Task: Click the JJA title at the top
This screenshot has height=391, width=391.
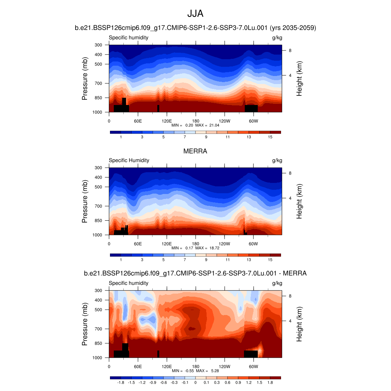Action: (x=195, y=14)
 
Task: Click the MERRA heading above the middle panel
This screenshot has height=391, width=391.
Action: (x=195, y=151)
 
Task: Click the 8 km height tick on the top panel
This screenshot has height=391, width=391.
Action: (x=290, y=50)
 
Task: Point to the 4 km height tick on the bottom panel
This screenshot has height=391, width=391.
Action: (x=290, y=321)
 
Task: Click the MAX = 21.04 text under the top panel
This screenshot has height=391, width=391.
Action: (x=208, y=125)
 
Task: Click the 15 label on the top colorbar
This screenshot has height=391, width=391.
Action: (x=270, y=137)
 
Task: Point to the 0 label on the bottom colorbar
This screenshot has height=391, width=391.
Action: (x=195, y=382)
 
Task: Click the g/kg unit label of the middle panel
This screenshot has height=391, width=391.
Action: (x=277, y=160)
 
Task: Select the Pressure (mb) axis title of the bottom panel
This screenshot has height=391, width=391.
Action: (x=85, y=324)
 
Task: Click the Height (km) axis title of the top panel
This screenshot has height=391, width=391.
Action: (x=299, y=79)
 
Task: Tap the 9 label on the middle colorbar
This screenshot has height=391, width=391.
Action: (x=206, y=260)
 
